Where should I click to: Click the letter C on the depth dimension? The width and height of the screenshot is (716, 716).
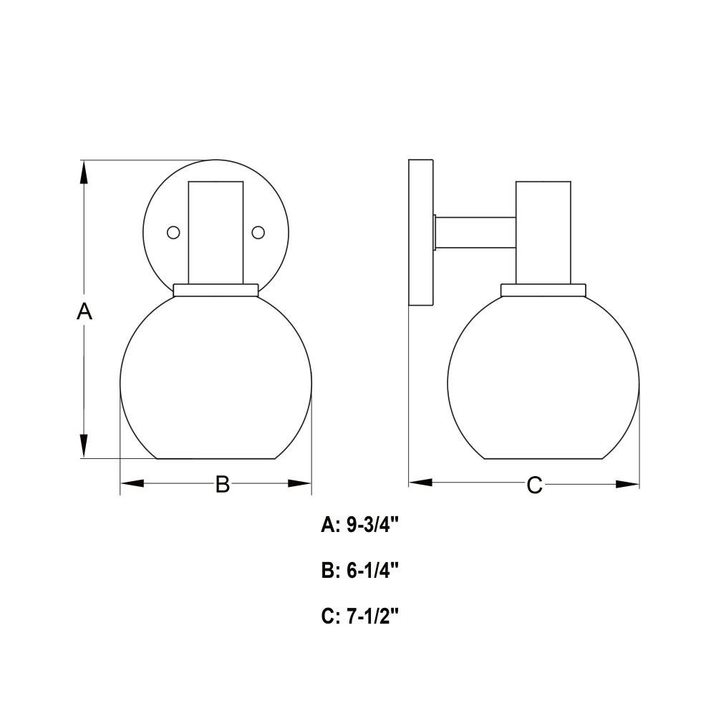[534, 485]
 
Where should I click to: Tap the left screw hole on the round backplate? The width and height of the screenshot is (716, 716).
[173, 233]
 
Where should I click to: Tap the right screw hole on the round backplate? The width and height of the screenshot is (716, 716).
[258, 233]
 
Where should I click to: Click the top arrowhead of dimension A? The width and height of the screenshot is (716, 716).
[84, 173]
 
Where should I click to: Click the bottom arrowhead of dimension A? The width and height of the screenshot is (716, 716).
[84, 445]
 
